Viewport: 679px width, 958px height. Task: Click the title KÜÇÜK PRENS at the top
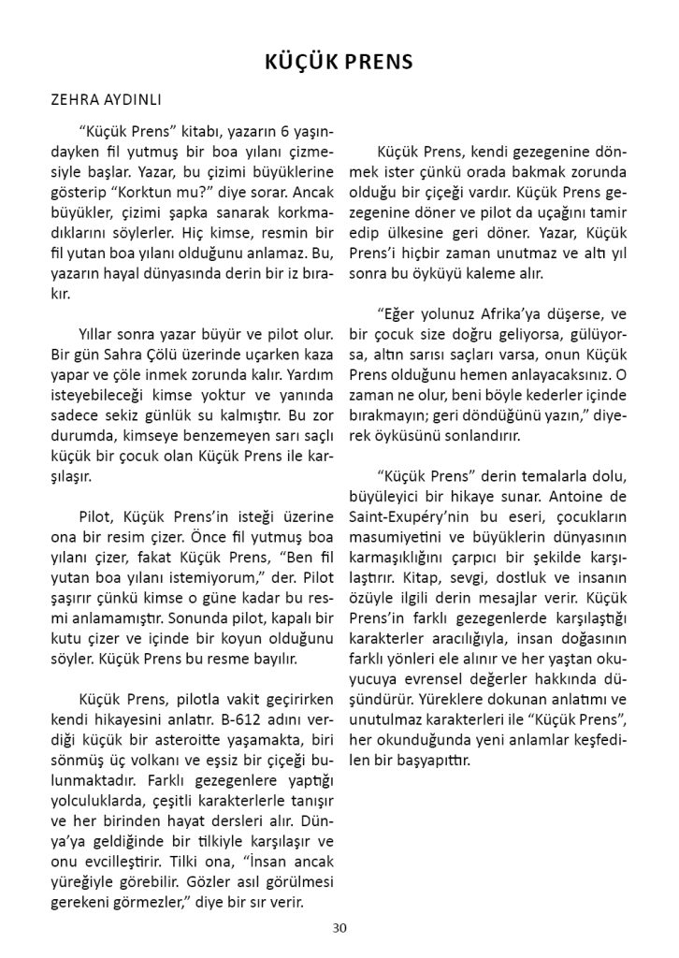coord(339,63)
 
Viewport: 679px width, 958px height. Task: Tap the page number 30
coord(339,927)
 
